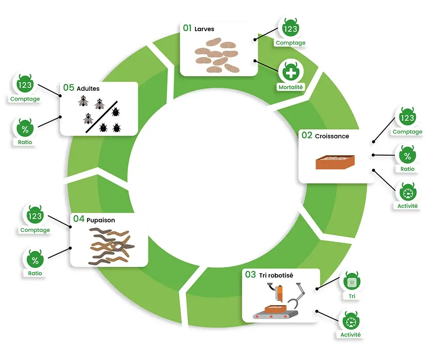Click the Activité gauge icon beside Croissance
pos(407,191)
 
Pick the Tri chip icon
pos(352,282)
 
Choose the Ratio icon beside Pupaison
pos(35,260)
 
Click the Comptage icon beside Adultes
pos(25,84)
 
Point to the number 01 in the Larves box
pos(187,29)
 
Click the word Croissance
pos(332,136)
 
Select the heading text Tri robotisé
pos(276,275)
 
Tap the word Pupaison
pos(101,220)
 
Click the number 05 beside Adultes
pos(69,88)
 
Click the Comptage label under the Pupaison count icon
pos(35,230)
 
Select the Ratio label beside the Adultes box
pos(25,142)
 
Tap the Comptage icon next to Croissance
pos(407,118)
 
